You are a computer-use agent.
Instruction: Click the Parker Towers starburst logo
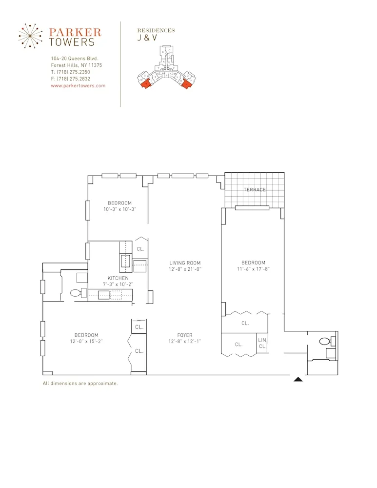[32, 36]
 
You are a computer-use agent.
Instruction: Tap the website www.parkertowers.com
[78, 85]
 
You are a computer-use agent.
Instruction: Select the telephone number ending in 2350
[70, 72]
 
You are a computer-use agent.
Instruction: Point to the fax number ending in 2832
[70, 79]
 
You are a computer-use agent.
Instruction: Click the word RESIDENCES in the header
[156, 30]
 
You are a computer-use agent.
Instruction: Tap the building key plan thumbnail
[166, 68]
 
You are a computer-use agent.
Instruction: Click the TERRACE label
[255, 189]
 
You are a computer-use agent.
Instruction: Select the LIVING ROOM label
[185, 263]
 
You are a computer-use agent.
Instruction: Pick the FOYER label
[185, 335]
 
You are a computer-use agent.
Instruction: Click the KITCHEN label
[118, 278]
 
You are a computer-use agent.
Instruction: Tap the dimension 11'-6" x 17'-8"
[253, 269]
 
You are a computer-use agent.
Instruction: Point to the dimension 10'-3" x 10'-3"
[119, 209]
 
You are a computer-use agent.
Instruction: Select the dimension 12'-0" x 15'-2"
[86, 341]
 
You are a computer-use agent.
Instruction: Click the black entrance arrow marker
[298, 379]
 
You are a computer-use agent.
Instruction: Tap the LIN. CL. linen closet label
[262, 343]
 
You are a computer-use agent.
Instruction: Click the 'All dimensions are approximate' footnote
[80, 384]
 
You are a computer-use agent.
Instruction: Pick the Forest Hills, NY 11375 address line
[76, 65]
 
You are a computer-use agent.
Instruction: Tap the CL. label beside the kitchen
[140, 248]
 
